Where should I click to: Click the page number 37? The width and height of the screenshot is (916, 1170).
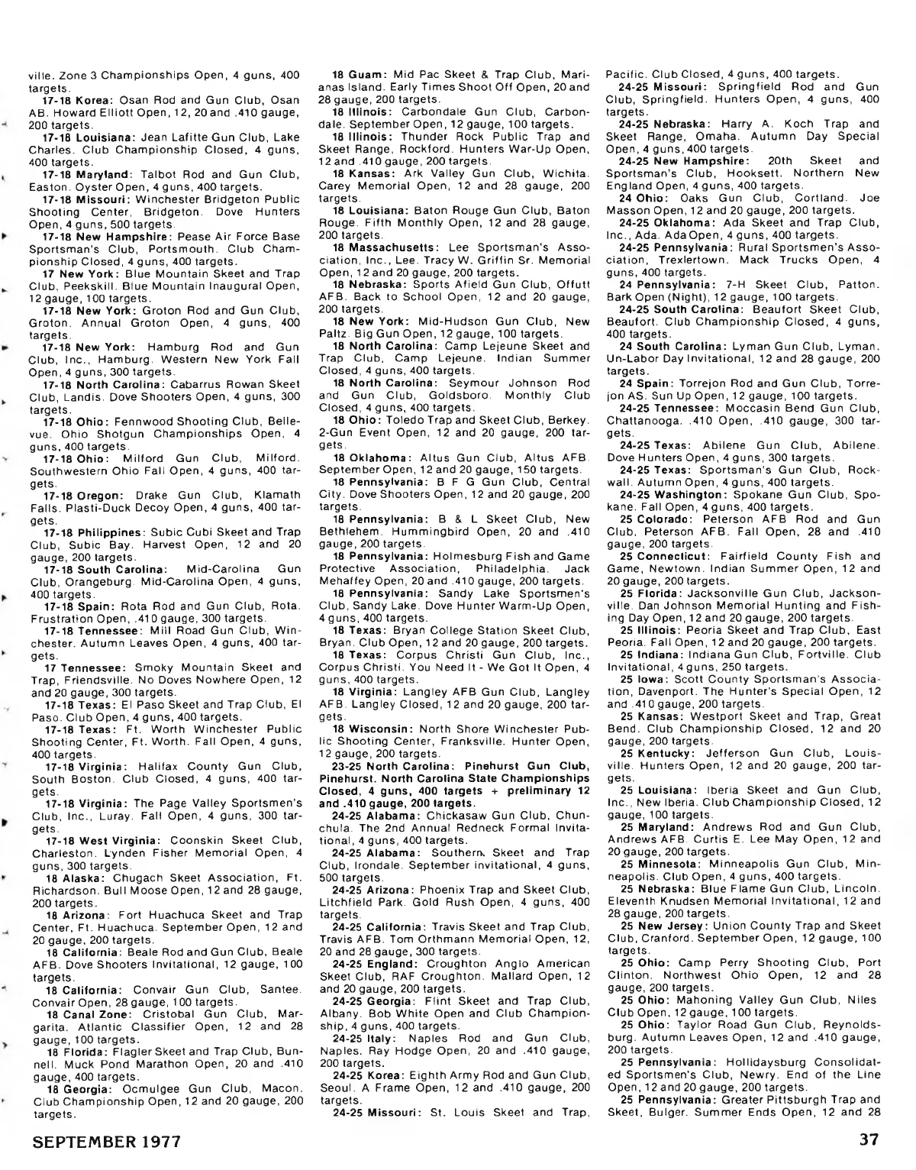(868, 1141)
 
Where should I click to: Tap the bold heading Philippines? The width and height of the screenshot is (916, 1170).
(108, 532)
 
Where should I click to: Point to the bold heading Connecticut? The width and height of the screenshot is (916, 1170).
(674, 556)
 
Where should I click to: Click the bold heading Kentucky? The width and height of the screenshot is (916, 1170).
(669, 752)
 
